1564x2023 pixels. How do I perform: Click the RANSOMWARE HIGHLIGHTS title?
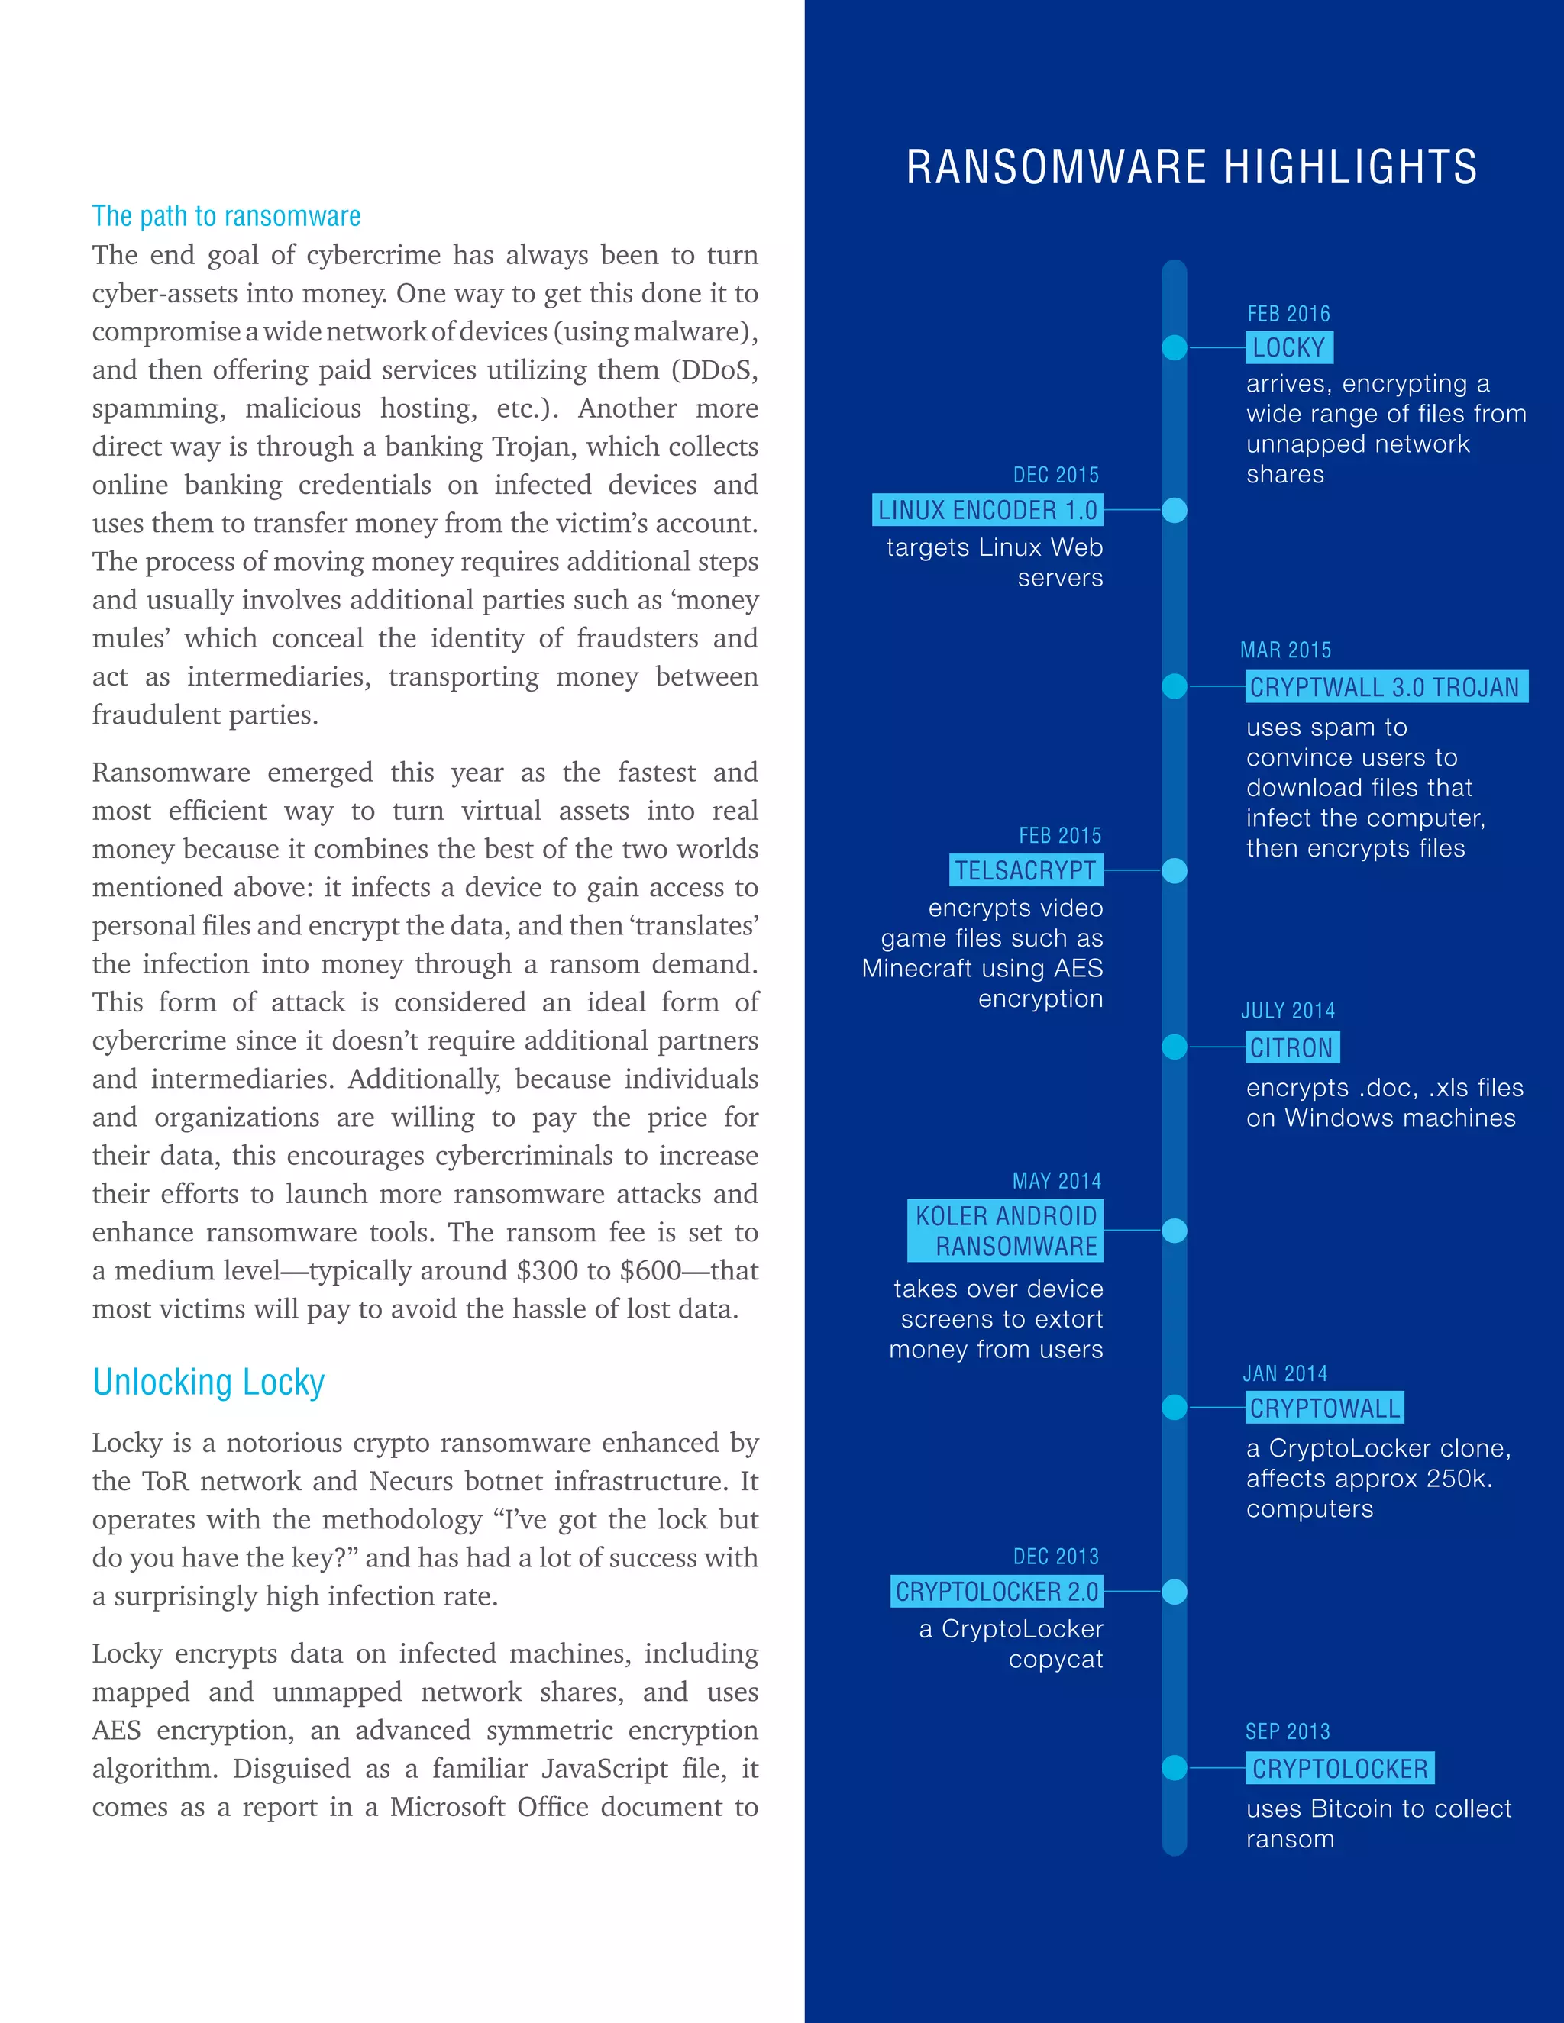pos(1191,168)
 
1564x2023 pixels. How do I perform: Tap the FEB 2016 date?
pos(1288,314)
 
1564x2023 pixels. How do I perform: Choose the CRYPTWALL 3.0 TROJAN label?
pos(1385,687)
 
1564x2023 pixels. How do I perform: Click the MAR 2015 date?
pos(1285,650)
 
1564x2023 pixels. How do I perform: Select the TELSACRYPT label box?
pos(1026,871)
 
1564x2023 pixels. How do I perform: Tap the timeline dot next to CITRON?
pos(1174,1047)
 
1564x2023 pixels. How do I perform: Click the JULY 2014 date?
pos(1288,1011)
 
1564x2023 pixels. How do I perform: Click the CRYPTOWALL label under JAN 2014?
pos(1324,1408)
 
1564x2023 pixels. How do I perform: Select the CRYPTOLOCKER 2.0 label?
pos(997,1592)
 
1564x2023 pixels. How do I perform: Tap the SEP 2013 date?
pos(1287,1731)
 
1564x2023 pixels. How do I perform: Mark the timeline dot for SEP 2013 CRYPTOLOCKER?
pos(1174,1767)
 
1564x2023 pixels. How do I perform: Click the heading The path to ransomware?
pos(226,217)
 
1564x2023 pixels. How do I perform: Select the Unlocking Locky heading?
pos(208,1382)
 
